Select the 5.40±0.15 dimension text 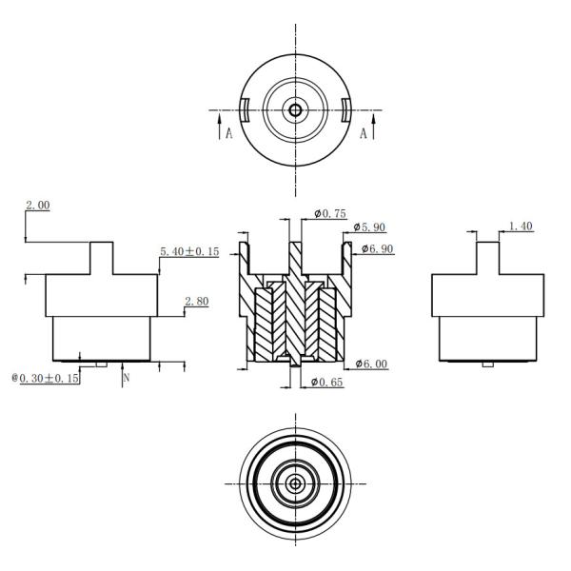(188, 252)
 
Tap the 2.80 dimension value (196, 301)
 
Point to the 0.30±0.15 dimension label (45, 378)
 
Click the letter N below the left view (126, 378)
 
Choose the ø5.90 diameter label (369, 228)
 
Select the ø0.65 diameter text (328, 383)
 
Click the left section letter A (228, 134)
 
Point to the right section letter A (364, 134)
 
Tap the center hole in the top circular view (295, 109)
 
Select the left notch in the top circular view (244, 109)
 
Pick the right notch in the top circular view (346, 109)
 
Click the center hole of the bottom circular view (295, 483)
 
